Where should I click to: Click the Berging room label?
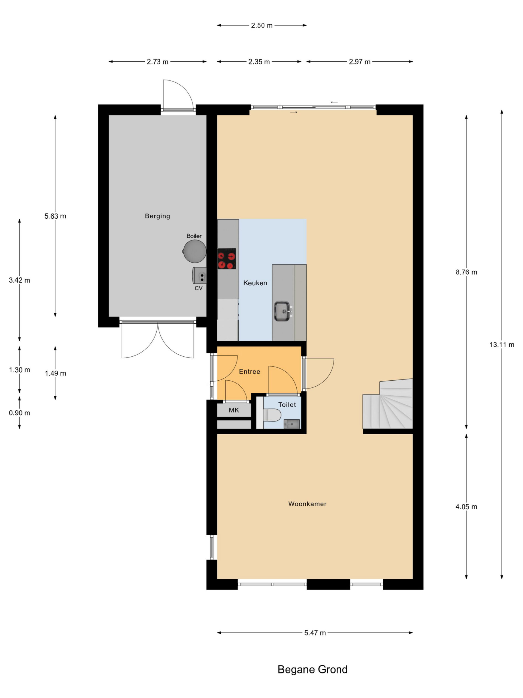coord(157,216)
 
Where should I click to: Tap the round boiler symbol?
coord(194,251)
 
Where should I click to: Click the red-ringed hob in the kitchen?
coord(226,259)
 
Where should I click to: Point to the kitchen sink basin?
coord(282,311)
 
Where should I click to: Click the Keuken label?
coord(255,283)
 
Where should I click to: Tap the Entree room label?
coord(249,372)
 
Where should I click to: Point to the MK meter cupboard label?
coord(234,410)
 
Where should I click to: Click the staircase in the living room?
coord(388,404)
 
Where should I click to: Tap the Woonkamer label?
coord(307,504)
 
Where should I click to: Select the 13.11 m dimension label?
coord(501,345)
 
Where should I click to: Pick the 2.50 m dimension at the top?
coord(262,26)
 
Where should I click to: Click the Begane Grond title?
coord(312,670)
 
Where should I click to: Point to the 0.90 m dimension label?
coord(20,413)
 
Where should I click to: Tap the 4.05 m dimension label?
coord(466,507)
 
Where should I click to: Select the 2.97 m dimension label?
coord(359,62)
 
